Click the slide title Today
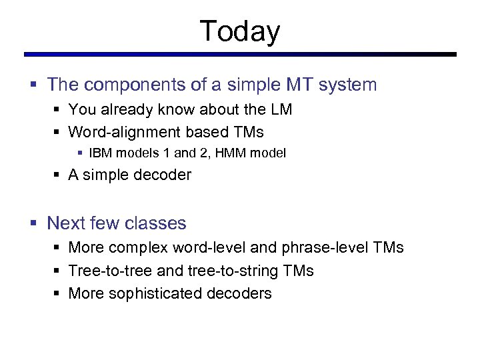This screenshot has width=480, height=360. (240, 31)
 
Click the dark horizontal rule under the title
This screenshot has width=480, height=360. (240, 55)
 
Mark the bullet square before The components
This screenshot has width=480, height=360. (33, 85)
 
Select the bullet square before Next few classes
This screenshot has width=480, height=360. (33, 223)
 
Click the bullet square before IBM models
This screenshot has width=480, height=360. (80, 154)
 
